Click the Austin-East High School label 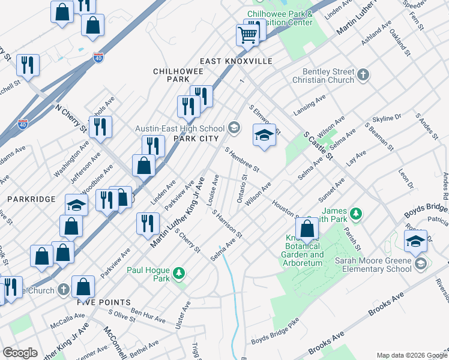pyautogui.click(x=179, y=128)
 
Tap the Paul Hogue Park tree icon pyautogui.click(x=178, y=274)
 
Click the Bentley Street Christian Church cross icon pyautogui.click(x=363, y=75)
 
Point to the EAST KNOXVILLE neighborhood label pyautogui.click(x=236, y=61)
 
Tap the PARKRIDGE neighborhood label pyautogui.click(x=31, y=198)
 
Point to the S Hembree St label pyautogui.click(x=241, y=160)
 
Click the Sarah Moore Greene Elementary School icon pyautogui.click(x=420, y=263)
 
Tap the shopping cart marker pyautogui.click(x=247, y=35)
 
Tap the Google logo pyautogui.click(x=20, y=353)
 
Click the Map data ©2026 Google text pyautogui.click(x=411, y=355)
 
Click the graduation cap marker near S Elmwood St pyautogui.click(x=264, y=136)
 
